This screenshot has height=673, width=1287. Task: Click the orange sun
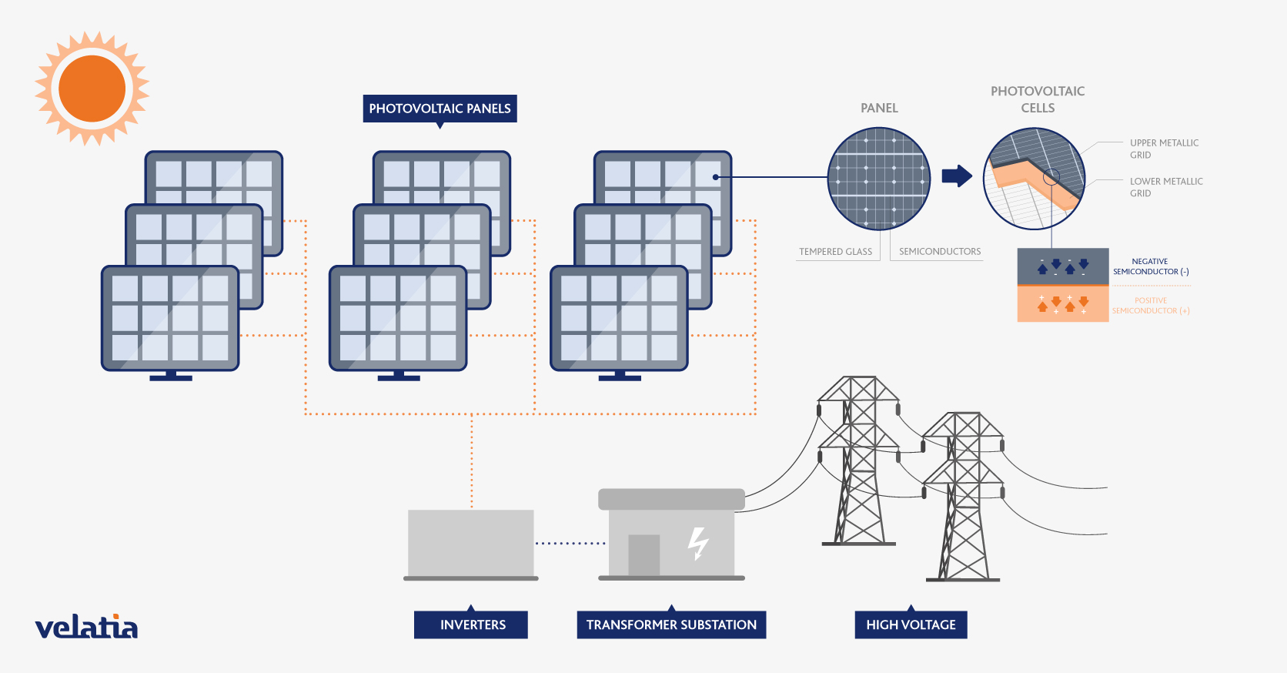[92, 89]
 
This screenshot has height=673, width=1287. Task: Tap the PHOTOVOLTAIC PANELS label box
[440, 109]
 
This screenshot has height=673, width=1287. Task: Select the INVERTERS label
[472, 624]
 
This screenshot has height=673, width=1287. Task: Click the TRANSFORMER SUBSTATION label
[671, 624]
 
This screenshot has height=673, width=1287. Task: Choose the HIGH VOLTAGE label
[911, 624]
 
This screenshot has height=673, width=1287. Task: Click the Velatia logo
[86, 628]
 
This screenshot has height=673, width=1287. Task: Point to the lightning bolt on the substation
[697, 543]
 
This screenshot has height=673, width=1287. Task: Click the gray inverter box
[471, 542]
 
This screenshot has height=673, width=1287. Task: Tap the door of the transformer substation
[643, 554]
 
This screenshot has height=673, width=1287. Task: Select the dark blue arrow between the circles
[957, 176]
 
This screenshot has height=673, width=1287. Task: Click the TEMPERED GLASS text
[835, 252]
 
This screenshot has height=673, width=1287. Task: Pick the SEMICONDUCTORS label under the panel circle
[940, 252]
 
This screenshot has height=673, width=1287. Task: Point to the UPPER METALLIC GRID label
[1163, 149]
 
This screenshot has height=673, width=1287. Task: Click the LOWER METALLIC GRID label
[1165, 187]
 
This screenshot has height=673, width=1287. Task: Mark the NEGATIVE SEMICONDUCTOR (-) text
[1151, 266]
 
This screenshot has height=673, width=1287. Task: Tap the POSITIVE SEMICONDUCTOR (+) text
[1151, 306]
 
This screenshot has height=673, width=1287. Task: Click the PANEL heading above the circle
[879, 109]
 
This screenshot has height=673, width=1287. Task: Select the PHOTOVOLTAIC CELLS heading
[1038, 99]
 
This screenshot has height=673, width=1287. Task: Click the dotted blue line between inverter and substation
[570, 544]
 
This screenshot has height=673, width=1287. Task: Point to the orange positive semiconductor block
[1062, 304]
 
